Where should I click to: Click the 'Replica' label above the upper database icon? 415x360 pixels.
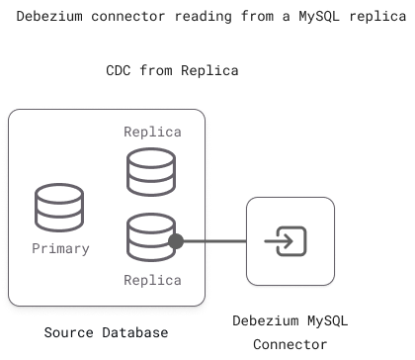(x=152, y=132)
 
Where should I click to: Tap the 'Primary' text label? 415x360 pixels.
(x=60, y=248)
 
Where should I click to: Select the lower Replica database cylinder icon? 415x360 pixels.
(x=151, y=239)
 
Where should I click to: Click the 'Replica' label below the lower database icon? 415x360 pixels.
(x=152, y=280)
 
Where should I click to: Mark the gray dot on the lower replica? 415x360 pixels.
(x=177, y=240)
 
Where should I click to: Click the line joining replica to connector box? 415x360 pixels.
(x=212, y=240)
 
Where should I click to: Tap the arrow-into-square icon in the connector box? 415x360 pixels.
(x=290, y=240)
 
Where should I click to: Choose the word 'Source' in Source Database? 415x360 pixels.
(x=68, y=332)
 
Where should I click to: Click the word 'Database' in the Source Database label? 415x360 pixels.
(x=134, y=332)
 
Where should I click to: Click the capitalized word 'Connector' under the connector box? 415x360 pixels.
(x=290, y=344)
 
